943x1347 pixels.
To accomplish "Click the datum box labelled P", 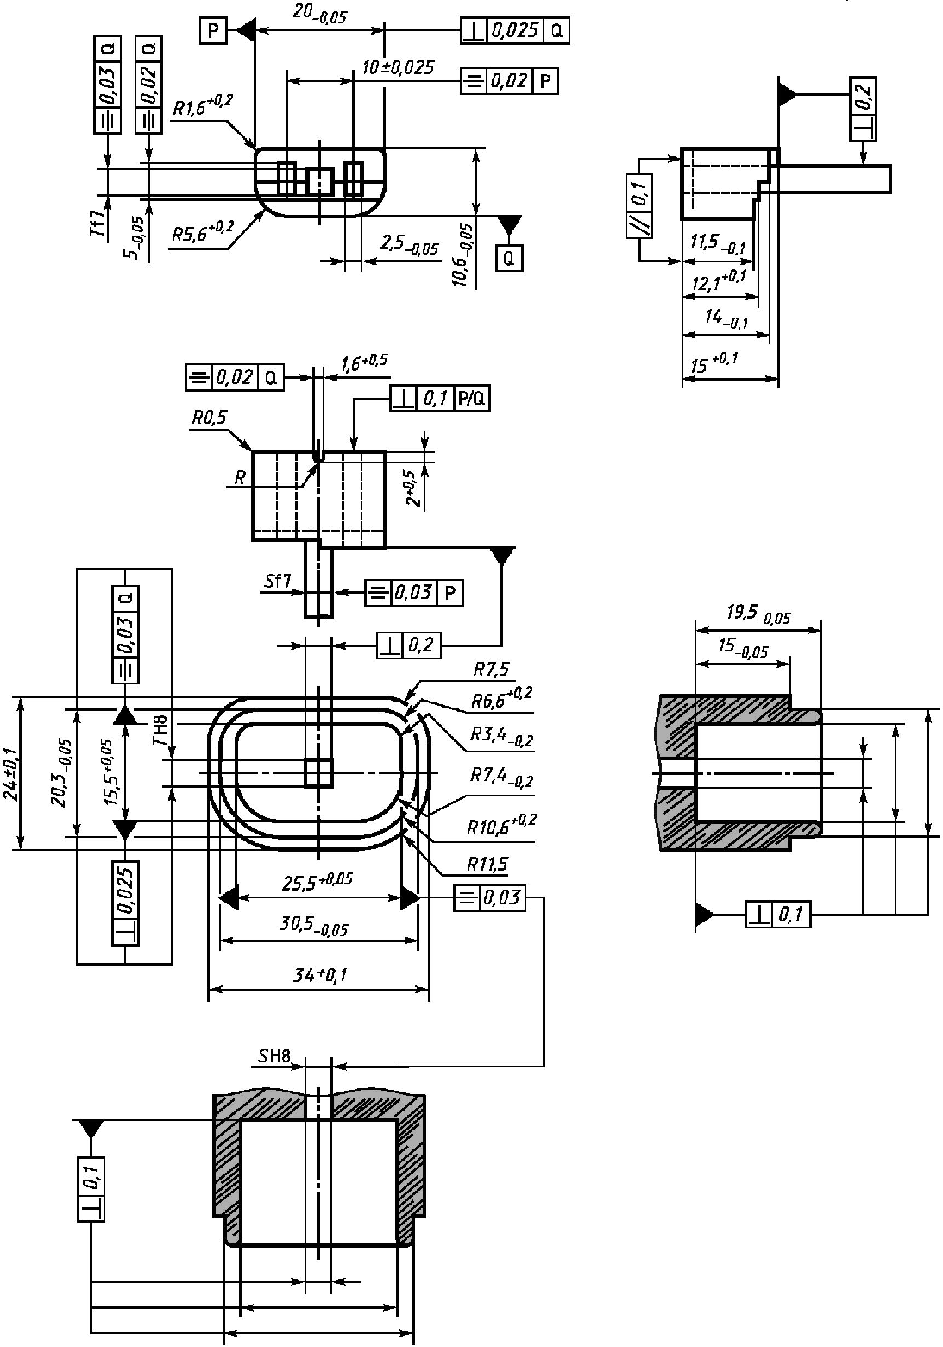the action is (213, 31).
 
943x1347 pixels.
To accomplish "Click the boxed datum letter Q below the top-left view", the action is (509, 259).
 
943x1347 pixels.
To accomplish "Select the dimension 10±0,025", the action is (398, 67).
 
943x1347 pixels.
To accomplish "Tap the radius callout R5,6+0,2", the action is (203, 231).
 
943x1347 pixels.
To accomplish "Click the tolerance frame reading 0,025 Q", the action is (515, 31).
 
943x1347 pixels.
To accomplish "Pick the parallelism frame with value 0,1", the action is (639, 205).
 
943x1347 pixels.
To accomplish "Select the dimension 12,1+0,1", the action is (719, 280).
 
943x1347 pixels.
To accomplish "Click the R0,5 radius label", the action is (210, 418).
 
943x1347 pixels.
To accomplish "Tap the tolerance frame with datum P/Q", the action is (440, 398).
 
